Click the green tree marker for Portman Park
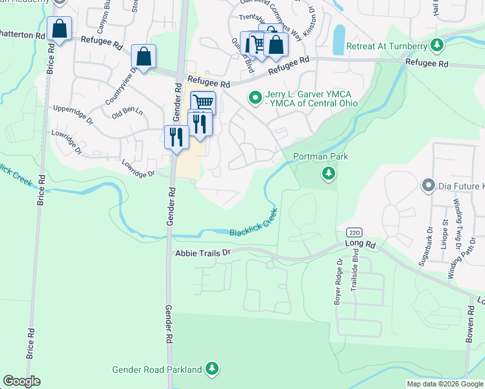tap(329, 173)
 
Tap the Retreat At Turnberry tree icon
tap(438, 45)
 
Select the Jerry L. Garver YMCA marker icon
tap(255, 99)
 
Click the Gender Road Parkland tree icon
tap(211, 370)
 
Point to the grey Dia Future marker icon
tap(427, 187)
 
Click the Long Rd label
tap(361, 244)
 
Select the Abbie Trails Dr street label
tap(203, 253)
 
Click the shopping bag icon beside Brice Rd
tap(60, 29)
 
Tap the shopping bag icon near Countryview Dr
tap(143, 56)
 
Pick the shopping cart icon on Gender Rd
tap(203, 102)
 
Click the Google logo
tap(21, 381)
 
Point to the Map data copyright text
tap(445, 384)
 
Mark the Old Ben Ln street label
tap(127, 112)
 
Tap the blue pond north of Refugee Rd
tap(338, 40)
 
